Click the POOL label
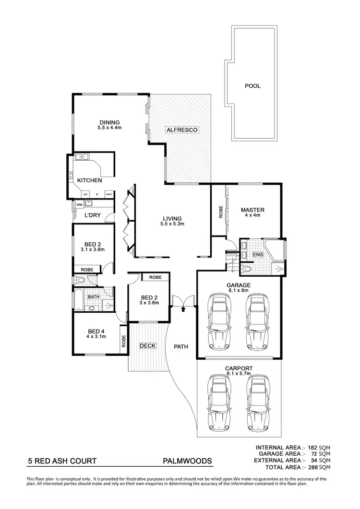(x=252, y=86)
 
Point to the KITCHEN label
(x=89, y=180)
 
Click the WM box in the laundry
(x=79, y=204)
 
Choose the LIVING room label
(x=172, y=218)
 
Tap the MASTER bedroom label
(x=252, y=210)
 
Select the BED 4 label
(x=96, y=331)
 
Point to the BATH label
(x=93, y=297)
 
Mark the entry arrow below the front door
(x=182, y=309)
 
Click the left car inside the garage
(x=218, y=322)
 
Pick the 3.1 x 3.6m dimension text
(x=93, y=249)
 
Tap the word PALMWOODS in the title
(x=188, y=461)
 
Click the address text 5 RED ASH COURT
(x=62, y=461)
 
